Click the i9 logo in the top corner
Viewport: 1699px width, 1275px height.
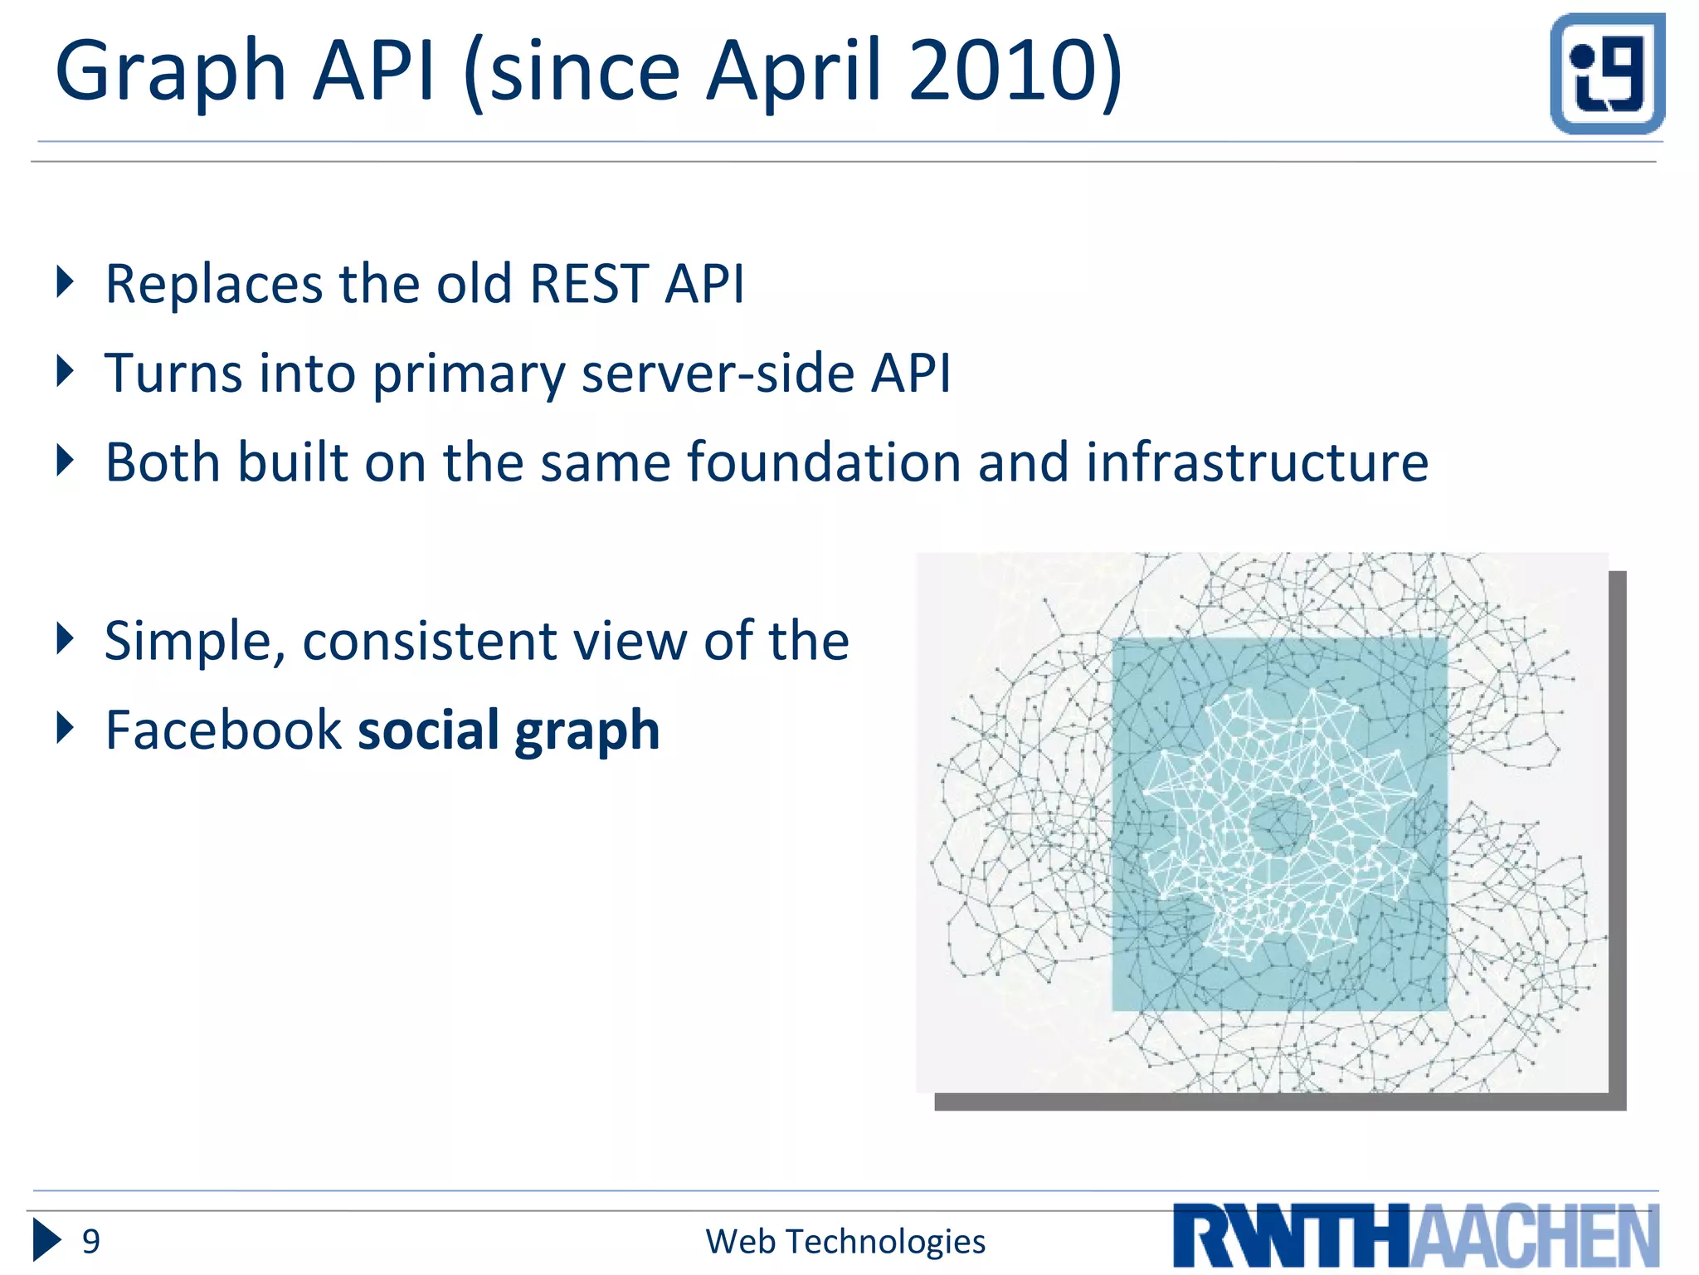coord(1607,74)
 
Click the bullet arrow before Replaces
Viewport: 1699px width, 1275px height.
coord(65,281)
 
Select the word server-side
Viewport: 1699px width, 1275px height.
coord(717,374)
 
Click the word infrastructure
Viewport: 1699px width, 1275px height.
coord(1257,462)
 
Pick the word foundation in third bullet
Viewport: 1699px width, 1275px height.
coord(824,462)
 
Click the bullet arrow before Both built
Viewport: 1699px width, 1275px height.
coord(65,460)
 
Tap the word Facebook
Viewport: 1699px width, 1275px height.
coord(223,730)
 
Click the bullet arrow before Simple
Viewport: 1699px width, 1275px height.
coord(65,638)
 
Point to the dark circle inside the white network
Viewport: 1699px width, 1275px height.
coord(1279,824)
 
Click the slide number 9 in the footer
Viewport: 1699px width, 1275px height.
coord(90,1242)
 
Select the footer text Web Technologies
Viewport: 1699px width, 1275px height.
coord(845,1242)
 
